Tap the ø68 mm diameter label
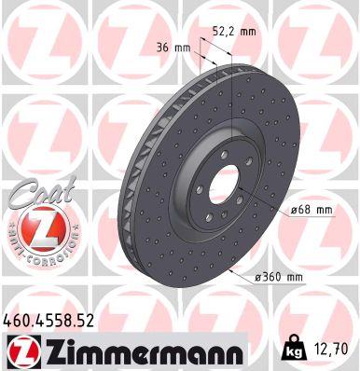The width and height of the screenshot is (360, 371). (312, 210)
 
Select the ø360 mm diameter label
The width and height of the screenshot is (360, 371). (281, 278)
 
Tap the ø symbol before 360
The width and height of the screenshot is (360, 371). (256, 278)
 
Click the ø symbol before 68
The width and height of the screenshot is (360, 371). (293, 210)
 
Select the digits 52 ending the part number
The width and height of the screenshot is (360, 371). (89, 322)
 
